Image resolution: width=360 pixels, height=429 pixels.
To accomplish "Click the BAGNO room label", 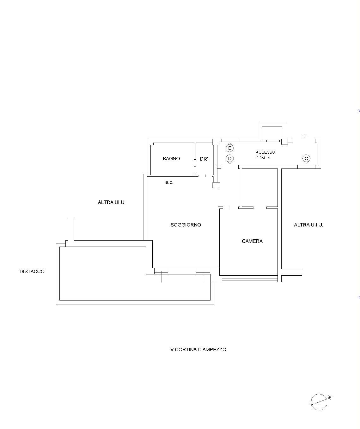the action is [171, 159].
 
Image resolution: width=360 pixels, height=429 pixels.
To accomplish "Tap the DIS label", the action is [204, 159].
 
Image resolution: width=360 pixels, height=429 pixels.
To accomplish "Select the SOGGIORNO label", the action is [186, 225].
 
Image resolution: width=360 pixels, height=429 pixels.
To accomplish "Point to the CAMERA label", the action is [252, 241].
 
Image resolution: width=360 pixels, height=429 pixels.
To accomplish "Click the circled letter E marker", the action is [229, 148].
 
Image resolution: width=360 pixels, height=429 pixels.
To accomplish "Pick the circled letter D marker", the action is [229, 159].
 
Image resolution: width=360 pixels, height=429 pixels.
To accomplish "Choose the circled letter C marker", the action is [306, 159].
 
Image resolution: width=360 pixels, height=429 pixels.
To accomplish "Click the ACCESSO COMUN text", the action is [265, 155].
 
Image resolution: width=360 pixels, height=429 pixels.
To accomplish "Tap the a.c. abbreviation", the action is [169, 182].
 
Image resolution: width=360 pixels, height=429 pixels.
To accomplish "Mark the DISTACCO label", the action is [32, 272].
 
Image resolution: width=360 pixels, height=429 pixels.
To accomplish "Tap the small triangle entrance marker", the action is [304, 136].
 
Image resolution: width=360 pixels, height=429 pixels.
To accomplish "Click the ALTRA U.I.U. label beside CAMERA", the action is [308, 225].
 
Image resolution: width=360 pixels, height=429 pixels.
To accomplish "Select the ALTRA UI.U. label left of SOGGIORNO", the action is [112, 202].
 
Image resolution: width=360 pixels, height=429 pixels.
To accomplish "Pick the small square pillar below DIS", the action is [216, 185].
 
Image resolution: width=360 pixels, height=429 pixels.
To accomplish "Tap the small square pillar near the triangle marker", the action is [284, 142].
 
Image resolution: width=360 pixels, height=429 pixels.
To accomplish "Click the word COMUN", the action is [263, 158].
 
